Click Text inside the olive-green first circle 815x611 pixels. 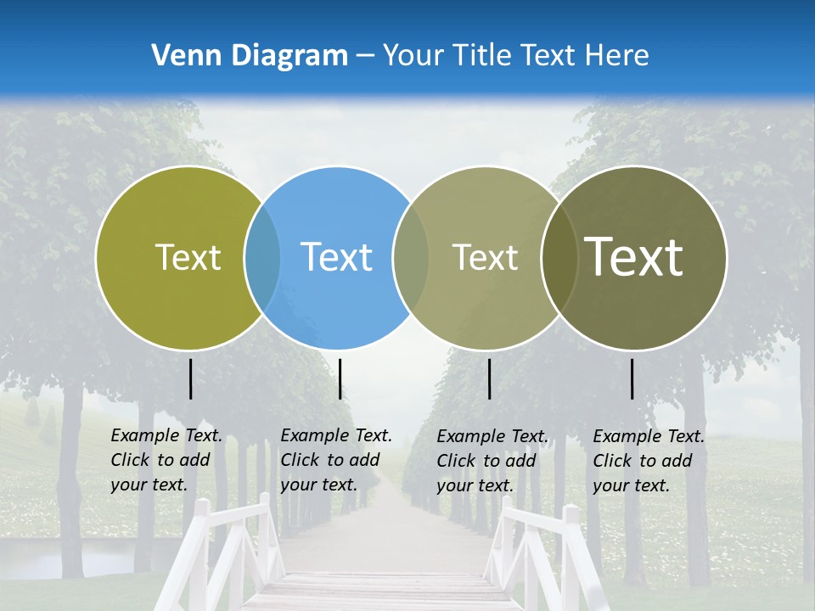tap(188, 257)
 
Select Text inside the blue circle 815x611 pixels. tap(337, 257)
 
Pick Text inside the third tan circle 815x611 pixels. tap(486, 257)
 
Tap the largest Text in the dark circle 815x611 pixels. tap(634, 257)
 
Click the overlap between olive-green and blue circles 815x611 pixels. tap(262, 257)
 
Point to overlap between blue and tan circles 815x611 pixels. tap(411, 257)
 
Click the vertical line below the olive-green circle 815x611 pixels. tap(190, 378)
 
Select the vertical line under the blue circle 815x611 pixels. tap(340, 378)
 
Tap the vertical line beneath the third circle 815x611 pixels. tap(489, 378)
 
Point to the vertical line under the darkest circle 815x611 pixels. tap(632, 378)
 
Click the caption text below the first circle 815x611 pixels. tap(166, 460)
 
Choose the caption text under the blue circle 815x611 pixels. tap(336, 460)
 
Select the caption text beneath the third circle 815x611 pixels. tap(492, 461)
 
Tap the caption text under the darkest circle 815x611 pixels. tap(649, 461)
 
